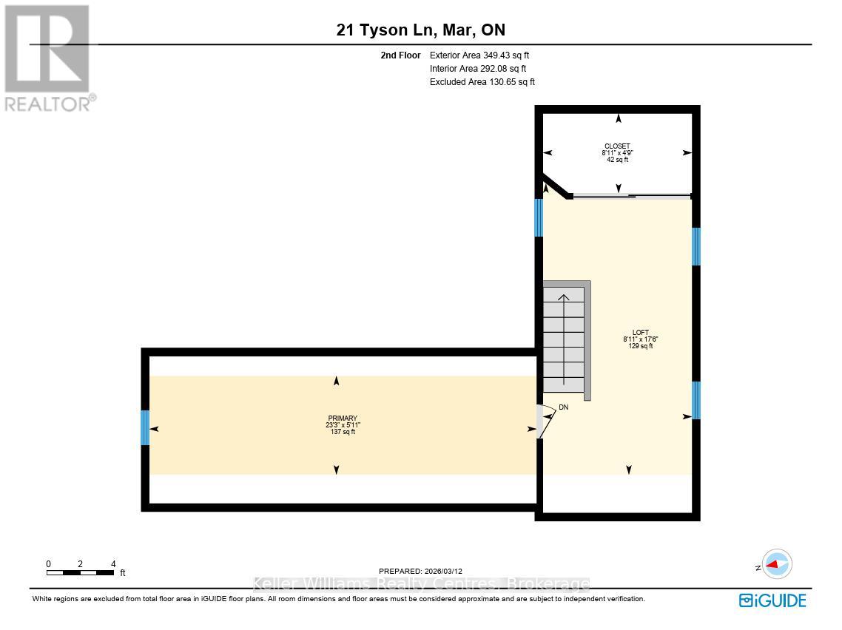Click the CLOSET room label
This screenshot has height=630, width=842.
pos(617,146)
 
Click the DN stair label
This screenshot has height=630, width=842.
pos(563,407)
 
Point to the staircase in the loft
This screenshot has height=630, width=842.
pos(565,340)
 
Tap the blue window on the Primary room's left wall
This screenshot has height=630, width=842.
pos(145,427)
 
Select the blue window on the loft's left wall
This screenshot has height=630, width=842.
pos(539,217)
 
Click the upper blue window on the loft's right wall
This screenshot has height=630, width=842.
pos(696,246)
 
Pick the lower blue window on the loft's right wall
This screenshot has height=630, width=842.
pos(696,400)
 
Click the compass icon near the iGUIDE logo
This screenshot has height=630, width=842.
pos(776,564)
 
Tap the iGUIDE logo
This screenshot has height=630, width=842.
pos(772,600)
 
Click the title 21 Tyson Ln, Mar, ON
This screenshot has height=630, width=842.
pos(420,30)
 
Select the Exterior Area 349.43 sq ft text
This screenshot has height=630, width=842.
pos(479,55)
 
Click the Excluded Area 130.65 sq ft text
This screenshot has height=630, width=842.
pos(482,82)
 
